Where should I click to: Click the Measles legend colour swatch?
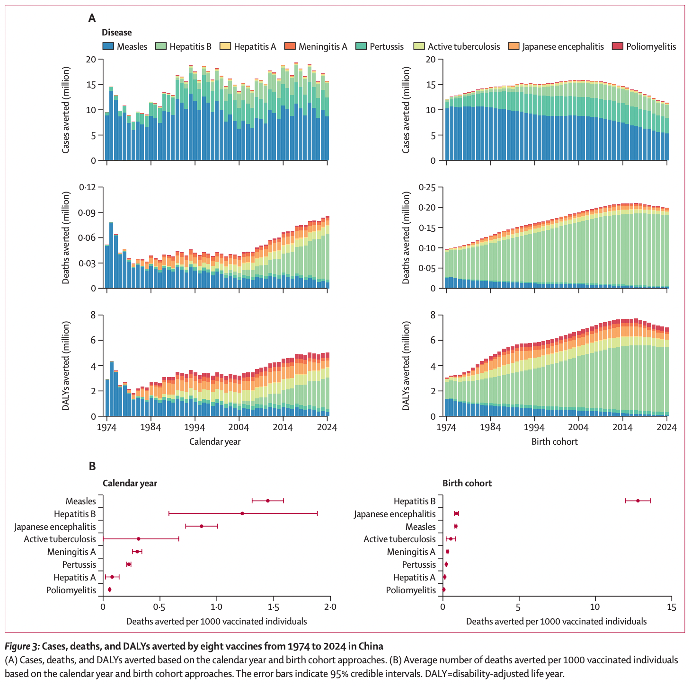pyautogui.click(x=108, y=46)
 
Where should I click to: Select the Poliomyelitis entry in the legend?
pyautogui.click(x=651, y=46)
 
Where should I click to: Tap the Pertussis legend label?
pyautogui.click(x=387, y=46)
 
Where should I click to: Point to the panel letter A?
pyautogui.click(x=92, y=18)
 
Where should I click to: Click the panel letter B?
pyautogui.click(x=92, y=466)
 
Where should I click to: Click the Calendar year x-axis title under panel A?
pyautogui.click(x=215, y=441)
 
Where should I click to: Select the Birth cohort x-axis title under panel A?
pyautogui.click(x=555, y=441)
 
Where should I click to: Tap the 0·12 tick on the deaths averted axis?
pyautogui.click(x=86, y=187)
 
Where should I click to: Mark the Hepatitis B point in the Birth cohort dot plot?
pyautogui.click(x=638, y=501)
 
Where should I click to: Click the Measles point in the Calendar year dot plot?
pyautogui.click(x=268, y=501)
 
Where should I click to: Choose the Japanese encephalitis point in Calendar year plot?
pyautogui.click(x=201, y=526)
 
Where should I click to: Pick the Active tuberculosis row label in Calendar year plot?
pyautogui.click(x=60, y=539)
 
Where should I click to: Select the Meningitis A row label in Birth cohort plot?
pyautogui.click(x=411, y=552)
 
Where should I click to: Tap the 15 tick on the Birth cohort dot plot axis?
pyautogui.click(x=671, y=607)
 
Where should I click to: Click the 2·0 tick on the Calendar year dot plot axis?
pyautogui.click(x=330, y=607)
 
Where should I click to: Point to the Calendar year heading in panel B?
pyautogui.click(x=130, y=483)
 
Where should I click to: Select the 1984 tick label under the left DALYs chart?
pyautogui.click(x=151, y=427)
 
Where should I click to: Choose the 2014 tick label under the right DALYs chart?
pyautogui.click(x=623, y=427)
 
